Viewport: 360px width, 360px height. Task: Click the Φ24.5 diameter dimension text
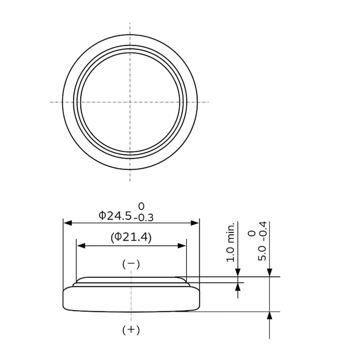point(115,216)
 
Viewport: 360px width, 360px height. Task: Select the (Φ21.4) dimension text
point(131,237)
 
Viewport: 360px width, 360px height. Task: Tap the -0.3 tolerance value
point(144,218)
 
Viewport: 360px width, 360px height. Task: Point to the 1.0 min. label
point(230,242)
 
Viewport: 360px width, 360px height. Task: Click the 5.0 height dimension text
point(262,253)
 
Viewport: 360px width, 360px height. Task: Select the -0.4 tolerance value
point(262,231)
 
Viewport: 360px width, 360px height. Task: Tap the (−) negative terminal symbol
point(131,264)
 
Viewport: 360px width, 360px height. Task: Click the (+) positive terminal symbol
point(131,330)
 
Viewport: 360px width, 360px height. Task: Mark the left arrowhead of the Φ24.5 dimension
point(68,223)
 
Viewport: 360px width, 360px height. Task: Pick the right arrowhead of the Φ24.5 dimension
point(195,223)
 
